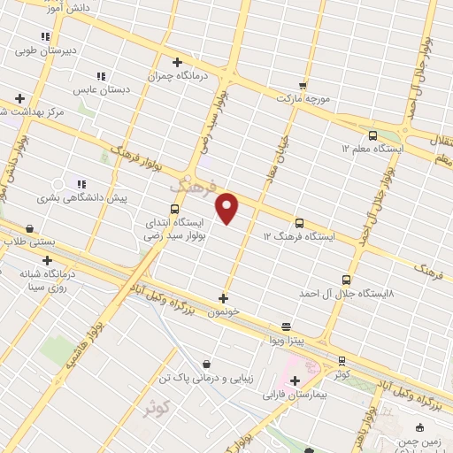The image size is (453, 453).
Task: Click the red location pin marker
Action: tap(227, 208)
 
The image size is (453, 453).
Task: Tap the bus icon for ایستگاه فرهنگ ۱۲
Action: tap(299, 224)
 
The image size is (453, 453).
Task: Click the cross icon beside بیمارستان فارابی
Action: tap(295, 380)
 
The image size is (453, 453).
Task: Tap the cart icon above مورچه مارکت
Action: tap(303, 86)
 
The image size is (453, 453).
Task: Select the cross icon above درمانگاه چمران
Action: tap(177, 62)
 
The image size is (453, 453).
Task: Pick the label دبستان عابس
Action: tap(101, 90)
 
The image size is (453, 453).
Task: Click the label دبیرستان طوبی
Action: tap(45, 50)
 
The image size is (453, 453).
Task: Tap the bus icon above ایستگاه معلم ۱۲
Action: tap(372, 136)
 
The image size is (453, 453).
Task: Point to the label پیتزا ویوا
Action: tap(287, 340)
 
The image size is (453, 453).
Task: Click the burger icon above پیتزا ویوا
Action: tap(286, 326)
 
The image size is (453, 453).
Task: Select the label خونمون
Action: tap(223, 312)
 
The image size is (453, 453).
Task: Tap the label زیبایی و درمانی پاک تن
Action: tap(206, 378)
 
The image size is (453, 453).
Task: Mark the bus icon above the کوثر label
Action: tap(342, 361)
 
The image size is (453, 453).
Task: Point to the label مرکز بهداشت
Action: tap(34, 112)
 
